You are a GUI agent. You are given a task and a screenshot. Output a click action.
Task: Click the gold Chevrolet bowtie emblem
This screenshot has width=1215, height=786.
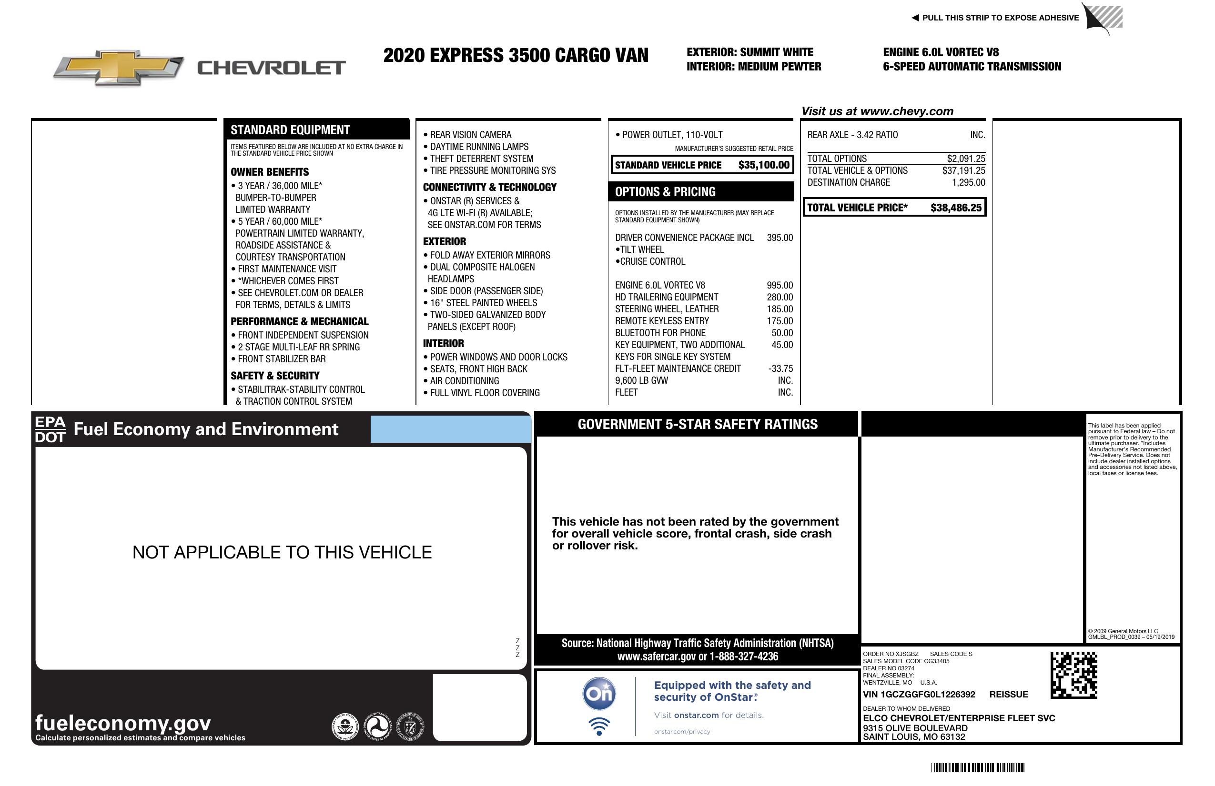119,67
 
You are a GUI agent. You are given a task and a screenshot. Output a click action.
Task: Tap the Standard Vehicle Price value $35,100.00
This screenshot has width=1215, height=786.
764,165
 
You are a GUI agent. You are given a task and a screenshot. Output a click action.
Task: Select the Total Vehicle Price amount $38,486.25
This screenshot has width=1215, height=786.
956,208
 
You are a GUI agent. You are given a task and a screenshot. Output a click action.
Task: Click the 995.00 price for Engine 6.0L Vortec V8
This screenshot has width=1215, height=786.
780,285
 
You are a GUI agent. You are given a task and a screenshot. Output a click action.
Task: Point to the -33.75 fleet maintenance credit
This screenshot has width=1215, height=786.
780,368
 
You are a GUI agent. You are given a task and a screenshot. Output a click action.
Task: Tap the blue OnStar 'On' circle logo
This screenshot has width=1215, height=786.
599,694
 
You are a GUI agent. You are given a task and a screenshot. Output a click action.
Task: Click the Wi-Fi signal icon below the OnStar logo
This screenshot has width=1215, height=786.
599,726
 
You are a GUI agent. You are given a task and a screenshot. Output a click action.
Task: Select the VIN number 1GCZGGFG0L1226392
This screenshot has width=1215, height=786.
919,694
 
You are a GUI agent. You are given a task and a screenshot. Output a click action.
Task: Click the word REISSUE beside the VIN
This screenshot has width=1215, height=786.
1008,694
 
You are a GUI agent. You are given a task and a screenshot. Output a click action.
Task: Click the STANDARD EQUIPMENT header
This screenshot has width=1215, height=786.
290,130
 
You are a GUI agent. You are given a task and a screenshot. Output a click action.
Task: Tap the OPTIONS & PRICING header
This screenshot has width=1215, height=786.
665,192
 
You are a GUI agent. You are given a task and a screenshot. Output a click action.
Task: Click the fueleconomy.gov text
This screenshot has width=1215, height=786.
123,723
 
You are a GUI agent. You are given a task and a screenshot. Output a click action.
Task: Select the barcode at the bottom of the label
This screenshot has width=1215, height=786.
978,767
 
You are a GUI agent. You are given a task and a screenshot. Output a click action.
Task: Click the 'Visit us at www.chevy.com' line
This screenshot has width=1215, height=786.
877,111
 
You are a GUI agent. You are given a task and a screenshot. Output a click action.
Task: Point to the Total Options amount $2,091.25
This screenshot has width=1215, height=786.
966,159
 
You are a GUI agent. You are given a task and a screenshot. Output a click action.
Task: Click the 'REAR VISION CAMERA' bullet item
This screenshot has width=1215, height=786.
470,135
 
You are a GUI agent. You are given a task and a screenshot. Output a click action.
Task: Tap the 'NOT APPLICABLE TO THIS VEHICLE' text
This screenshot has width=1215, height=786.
282,552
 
